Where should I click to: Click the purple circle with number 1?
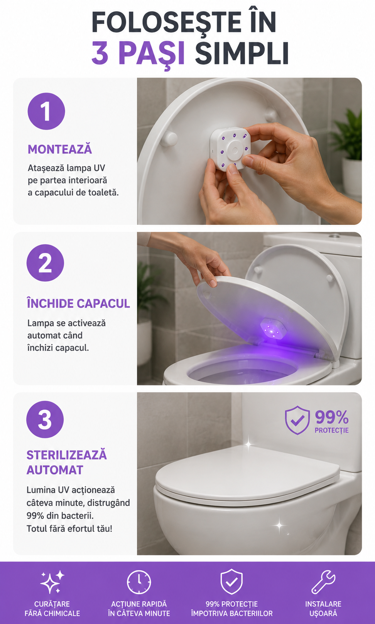coord(46,111)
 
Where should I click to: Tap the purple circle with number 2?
coord(45,263)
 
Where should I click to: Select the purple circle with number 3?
coord(45,419)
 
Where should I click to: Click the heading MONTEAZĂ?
coord(60,149)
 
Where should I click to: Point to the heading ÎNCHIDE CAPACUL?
coord(78,303)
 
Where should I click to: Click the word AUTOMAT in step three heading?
coord(55,470)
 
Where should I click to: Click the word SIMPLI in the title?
coord(242,53)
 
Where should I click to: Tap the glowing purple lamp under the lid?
coord(273,328)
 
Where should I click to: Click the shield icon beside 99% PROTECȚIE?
coord(297,420)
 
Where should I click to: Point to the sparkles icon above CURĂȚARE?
coord(52,582)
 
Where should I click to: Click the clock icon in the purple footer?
coord(139,582)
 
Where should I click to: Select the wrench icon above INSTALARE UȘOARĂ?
coord(323,582)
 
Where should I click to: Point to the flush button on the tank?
coord(334,236)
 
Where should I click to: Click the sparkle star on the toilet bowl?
coord(279,525)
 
